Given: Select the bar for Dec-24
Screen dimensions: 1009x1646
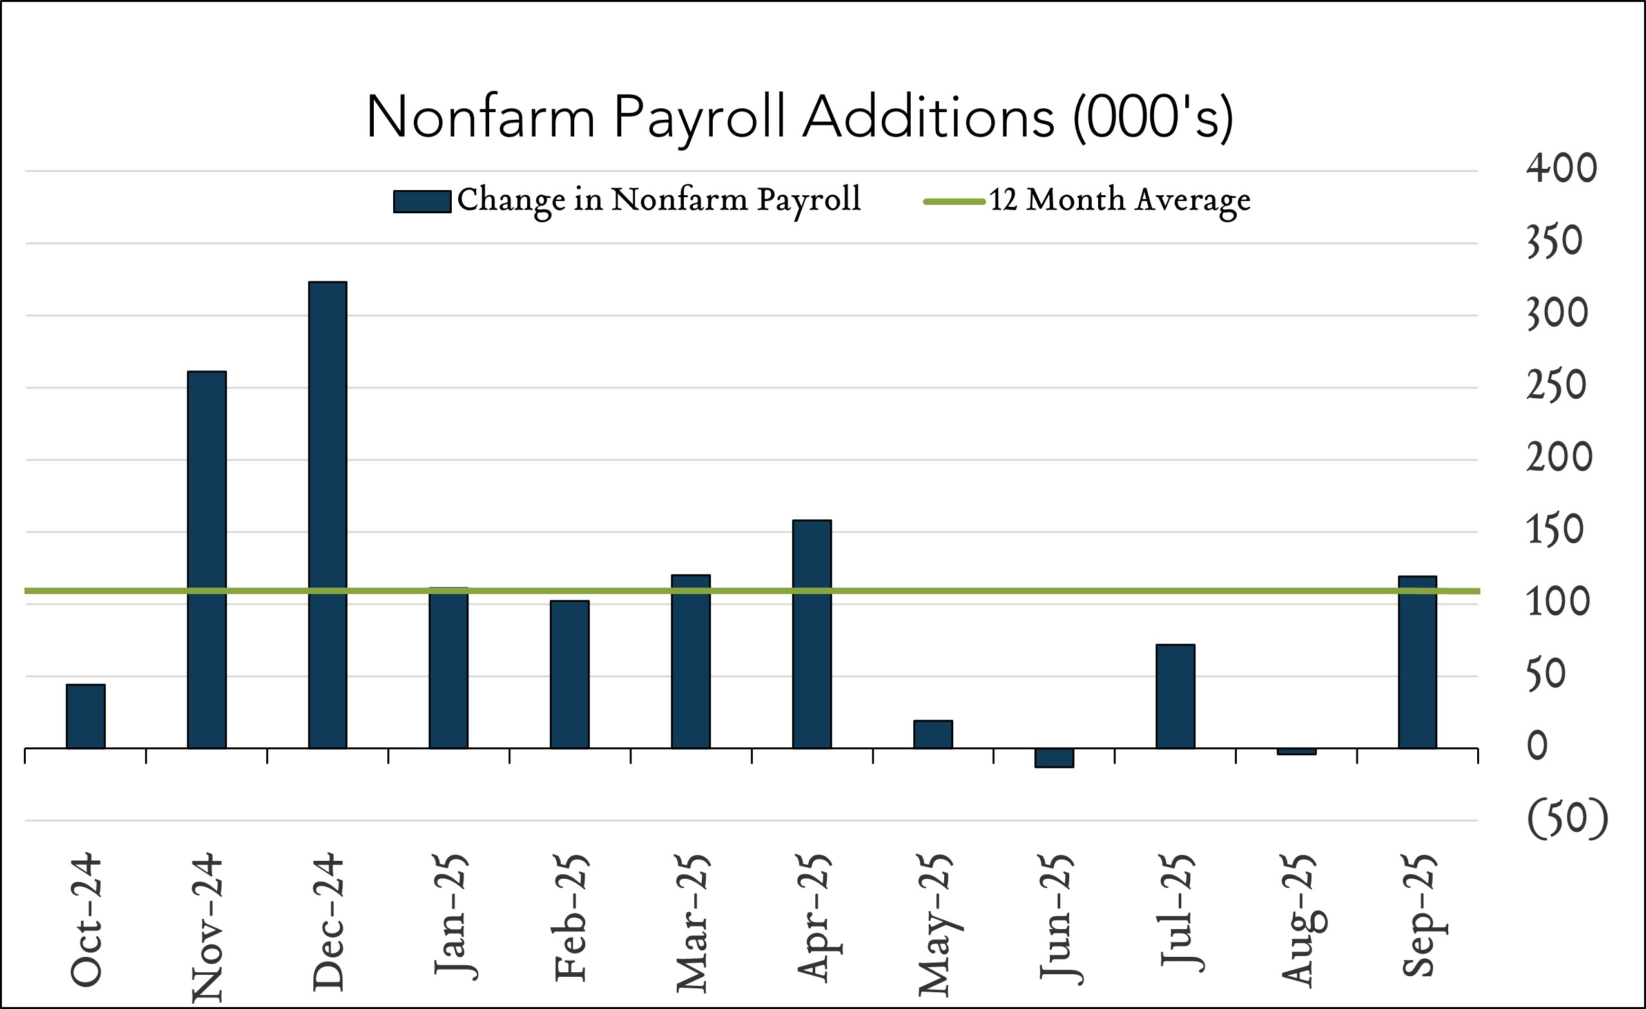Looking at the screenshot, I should tap(327, 514).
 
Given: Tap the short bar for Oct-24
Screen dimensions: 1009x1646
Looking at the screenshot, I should tap(86, 716).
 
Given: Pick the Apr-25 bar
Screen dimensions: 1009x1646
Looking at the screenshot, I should tap(811, 635).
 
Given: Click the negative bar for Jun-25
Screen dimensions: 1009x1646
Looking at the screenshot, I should tap(1054, 758).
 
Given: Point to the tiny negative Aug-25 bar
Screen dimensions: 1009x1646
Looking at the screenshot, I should tap(1296, 751).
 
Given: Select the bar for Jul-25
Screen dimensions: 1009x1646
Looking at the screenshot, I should tap(1175, 697).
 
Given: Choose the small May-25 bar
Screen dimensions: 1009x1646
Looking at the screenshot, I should tap(933, 735).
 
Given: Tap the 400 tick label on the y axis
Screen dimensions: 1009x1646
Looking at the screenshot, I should tap(1561, 168).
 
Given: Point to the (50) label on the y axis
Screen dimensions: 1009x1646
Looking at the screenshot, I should tap(1567, 819).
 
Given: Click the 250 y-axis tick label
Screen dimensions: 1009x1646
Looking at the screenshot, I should tap(1556, 385).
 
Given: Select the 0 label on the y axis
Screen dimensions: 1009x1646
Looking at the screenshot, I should tap(1537, 746).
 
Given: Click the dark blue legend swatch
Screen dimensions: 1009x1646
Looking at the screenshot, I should tap(421, 202).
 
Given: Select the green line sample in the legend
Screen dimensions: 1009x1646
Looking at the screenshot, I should tap(954, 202).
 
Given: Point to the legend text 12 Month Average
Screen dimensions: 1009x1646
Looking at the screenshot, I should tap(1119, 200).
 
